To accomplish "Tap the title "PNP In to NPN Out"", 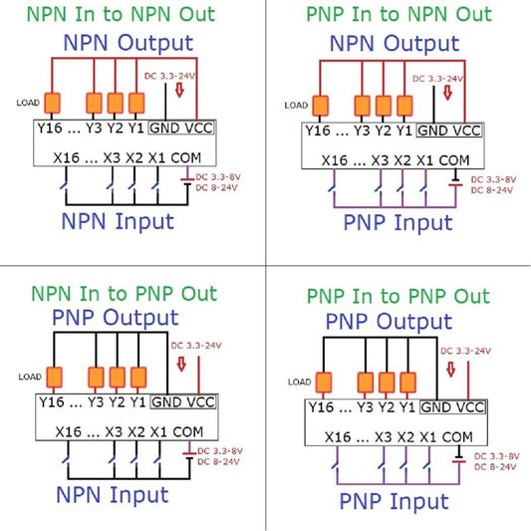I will click(x=398, y=14).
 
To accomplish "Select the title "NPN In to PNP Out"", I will click(x=123, y=294).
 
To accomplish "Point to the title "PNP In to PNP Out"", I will click(x=398, y=296).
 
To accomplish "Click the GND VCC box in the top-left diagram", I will click(x=182, y=130).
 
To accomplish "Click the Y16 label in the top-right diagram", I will click(x=318, y=131).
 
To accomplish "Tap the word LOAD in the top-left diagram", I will click(x=28, y=103).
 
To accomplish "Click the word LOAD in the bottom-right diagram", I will click(x=296, y=381).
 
